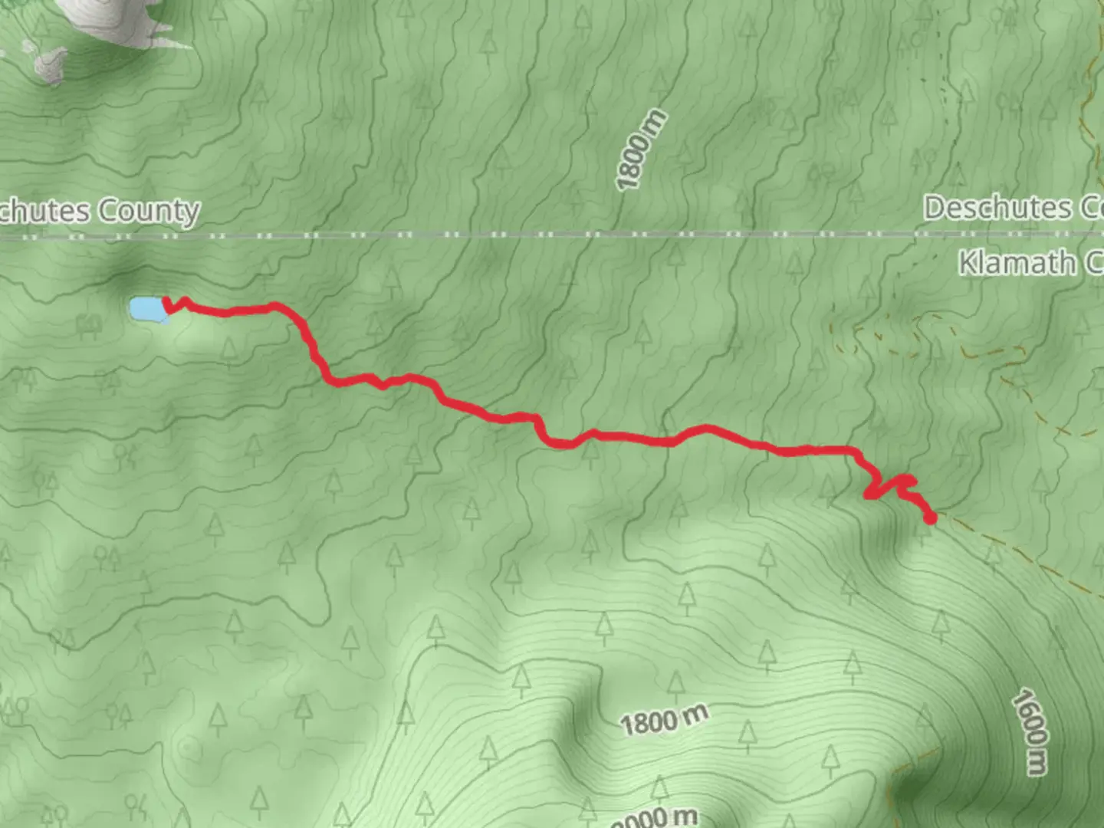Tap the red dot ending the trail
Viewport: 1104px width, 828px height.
(x=930, y=518)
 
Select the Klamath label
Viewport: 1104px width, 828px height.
(x=1017, y=263)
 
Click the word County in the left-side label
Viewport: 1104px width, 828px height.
(x=149, y=211)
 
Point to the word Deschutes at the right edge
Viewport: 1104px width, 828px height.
(x=997, y=208)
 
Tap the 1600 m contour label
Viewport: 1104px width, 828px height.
(x=1029, y=732)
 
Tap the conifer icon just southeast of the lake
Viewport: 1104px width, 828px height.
(x=229, y=349)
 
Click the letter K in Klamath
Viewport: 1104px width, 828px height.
(x=967, y=263)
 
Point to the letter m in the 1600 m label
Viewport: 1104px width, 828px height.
(x=1037, y=762)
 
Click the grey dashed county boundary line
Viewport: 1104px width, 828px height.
(x=537, y=235)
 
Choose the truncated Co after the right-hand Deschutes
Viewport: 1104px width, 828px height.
(x=1089, y=208)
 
